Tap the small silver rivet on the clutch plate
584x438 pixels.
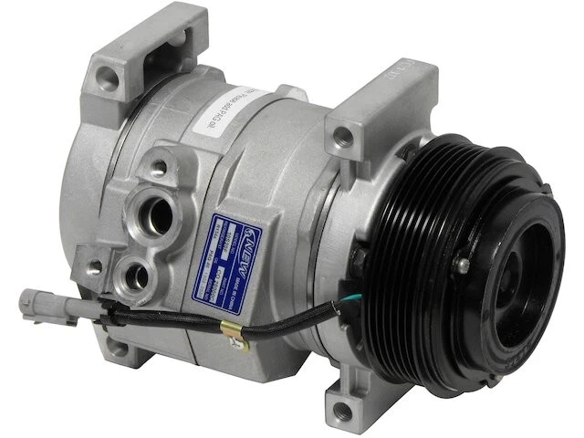click(x=464, y=264)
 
